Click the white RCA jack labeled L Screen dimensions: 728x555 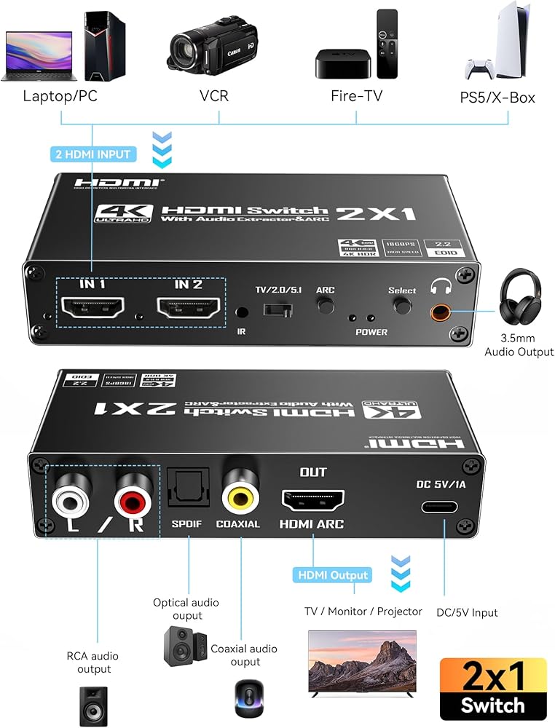66,499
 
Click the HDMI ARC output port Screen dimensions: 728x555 312,500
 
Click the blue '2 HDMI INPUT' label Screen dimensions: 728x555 93,154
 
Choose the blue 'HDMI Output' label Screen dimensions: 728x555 331,575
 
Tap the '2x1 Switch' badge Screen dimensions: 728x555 493,687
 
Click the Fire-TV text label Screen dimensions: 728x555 356,95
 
